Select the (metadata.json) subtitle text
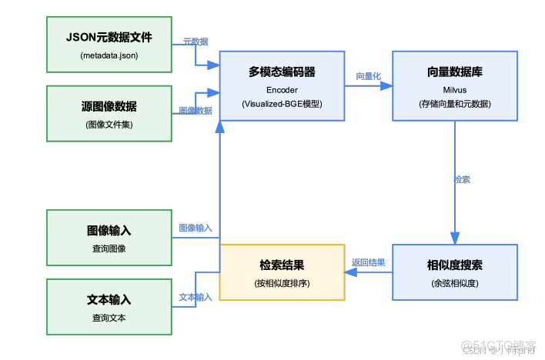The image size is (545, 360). [109, 55]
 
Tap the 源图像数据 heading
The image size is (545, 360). [109, 106]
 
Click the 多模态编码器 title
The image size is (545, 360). [282, 72]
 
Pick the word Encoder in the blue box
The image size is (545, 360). [282, 89]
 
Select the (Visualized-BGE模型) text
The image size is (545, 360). [282, 104]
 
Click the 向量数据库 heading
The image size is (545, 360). [454, 72]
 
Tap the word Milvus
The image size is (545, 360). [454, 89]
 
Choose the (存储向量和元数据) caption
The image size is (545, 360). [454, 104]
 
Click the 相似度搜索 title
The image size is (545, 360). [454, 265]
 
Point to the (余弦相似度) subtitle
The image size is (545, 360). [454, 283]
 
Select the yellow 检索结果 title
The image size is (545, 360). [282, 265]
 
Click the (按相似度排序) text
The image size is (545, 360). [282, 283]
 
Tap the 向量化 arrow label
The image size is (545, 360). [368, 76]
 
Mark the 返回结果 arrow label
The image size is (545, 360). [368, 262]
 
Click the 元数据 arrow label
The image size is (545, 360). [196, 41]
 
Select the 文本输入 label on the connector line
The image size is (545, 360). [196, 297]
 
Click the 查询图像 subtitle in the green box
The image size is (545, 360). [109, 248]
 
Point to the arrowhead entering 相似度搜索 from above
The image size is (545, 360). [454, 238]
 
